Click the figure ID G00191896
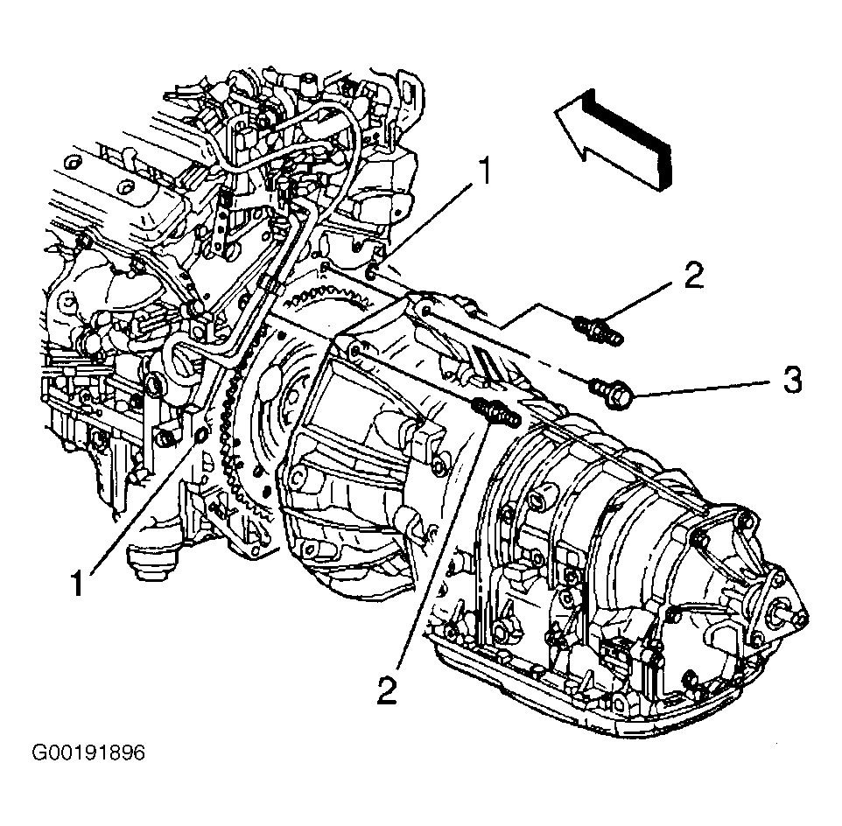pyautogui.click(x=88, y=753)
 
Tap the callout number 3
pyautogui.click(x=792, y=380)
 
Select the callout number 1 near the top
pyautogui.click(x=484, y=170)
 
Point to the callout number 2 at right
pyautogui.click(x=693, y=275)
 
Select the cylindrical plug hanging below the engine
pyautogui.click(x=150, y=563)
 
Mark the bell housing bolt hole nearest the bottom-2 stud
pyautogui.click(x=354, y=352)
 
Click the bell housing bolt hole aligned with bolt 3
pyautogui.click(x=425, y=310)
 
